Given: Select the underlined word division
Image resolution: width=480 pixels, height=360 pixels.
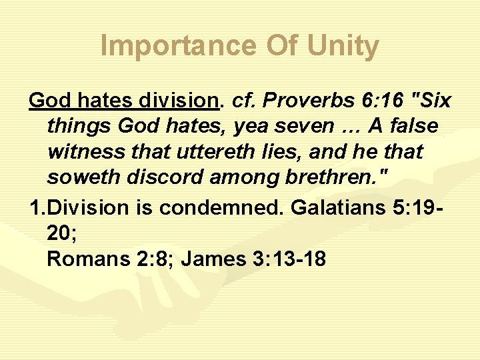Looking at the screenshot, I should click(x=179, y=101).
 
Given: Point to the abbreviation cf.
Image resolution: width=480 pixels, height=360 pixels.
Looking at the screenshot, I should click(x=240, y=101).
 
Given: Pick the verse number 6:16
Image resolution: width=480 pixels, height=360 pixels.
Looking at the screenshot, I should click(x=381, y=101).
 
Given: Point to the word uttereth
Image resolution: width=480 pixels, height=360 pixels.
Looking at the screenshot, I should click(x=202, y=153).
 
